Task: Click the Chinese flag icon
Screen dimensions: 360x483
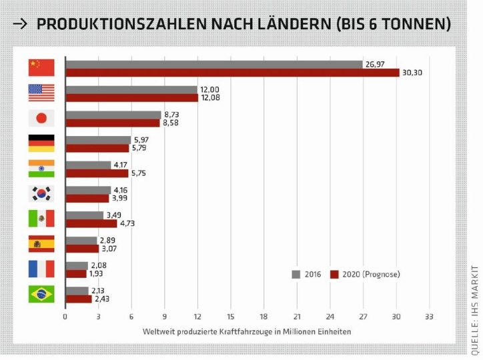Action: [41, 67]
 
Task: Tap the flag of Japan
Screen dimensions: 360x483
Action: [41, 118]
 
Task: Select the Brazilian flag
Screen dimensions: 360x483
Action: [41, 294]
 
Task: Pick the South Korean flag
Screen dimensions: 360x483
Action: [41, 193]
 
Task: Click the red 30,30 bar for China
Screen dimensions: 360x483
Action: [231, 72]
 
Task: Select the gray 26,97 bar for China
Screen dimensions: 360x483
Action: [214, 64]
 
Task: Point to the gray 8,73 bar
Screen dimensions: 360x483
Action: [113, 115]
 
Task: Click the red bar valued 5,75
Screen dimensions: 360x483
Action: [97, 173]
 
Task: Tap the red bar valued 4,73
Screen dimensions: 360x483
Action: [91, 223]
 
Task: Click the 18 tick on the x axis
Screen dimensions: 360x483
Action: [264, 317]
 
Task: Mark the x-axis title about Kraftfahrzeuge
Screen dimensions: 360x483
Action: [246, 331]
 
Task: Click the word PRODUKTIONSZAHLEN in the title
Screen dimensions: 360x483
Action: [117, 25]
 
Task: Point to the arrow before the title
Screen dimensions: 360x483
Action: [21, 25]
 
